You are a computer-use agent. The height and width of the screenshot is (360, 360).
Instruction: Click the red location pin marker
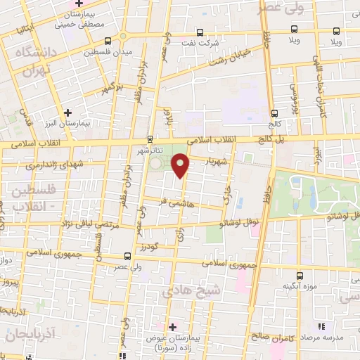click(181, 165)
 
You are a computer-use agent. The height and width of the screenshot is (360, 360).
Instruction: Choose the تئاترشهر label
click(149, 150)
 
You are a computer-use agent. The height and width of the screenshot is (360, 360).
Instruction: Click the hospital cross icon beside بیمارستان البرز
click(67, 112)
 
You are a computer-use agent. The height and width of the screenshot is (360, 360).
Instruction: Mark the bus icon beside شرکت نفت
click(200, 32)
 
